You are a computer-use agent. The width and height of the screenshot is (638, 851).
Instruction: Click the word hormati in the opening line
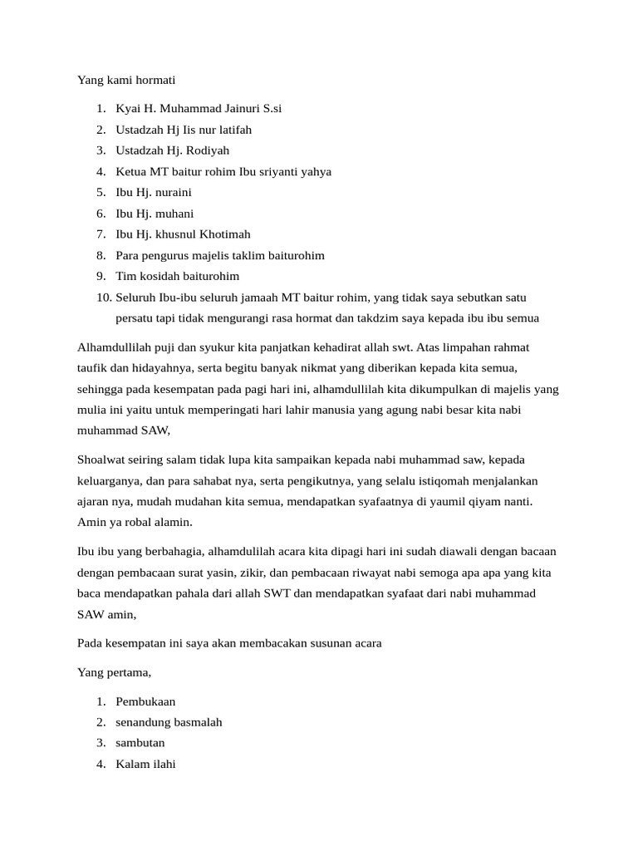[155, 81]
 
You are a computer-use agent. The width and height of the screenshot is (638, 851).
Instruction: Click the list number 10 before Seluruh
[103, 297]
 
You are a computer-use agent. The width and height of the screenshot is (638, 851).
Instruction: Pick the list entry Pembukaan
[145, 701]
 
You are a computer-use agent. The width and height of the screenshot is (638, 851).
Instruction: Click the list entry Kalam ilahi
[145, 764]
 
